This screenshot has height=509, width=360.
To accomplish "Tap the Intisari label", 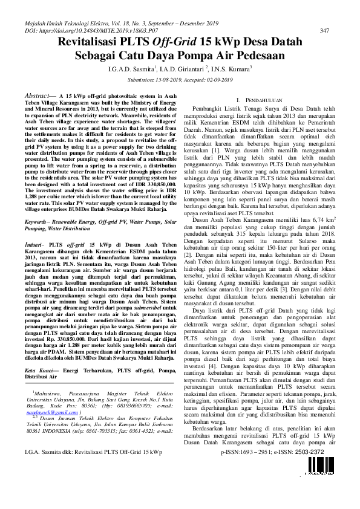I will click(x=36, y=227).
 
